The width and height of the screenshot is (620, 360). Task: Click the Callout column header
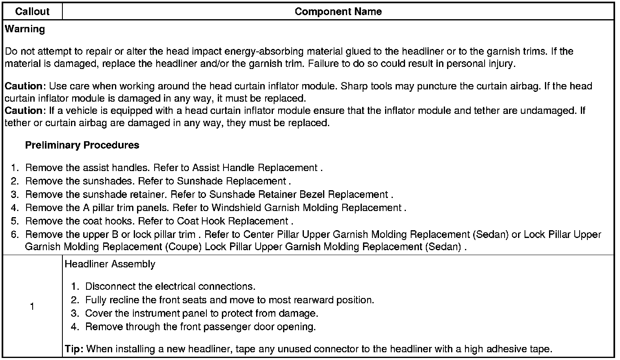[x=32, y=11]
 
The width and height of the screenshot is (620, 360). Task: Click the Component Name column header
[x=338, y=11]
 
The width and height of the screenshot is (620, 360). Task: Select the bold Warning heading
[x=25, y=29]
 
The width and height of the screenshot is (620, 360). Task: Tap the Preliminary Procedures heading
[x=82, y=145]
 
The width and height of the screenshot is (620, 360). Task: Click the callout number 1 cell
[x=32, y=307]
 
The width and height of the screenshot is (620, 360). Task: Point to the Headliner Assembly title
[x=110, y=264]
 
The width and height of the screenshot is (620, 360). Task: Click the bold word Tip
[x=74, y=349]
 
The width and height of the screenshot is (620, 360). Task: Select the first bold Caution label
[x=24, y=86]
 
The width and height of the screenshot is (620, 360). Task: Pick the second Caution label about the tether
[x=24, y=111]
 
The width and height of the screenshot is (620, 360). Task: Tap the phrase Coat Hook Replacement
[x=232, y=221]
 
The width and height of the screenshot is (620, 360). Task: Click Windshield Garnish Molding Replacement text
[x=306, y=208]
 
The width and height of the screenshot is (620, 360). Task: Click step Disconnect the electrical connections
[x=170, y=287]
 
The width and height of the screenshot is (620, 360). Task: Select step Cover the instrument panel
[x=201, y=313]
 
